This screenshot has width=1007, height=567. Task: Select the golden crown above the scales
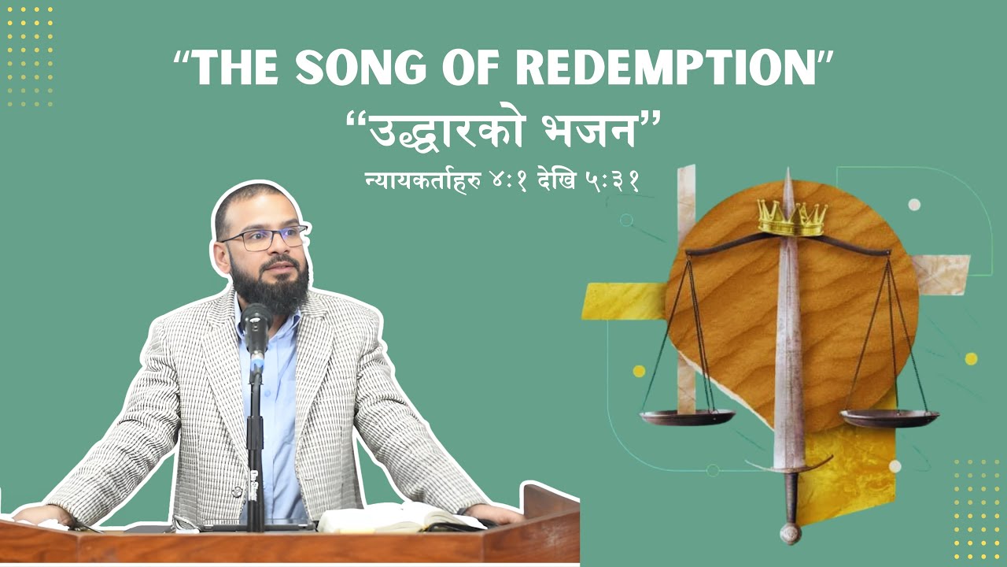pos(791,218)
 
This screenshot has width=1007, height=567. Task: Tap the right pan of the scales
pos(889,417)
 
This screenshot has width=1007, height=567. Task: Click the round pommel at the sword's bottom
pos(789,533)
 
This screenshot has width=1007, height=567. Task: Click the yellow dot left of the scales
pos(639,371)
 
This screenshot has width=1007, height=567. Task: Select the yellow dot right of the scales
pos(971,358)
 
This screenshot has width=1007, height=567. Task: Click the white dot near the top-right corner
pos(914,205)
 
